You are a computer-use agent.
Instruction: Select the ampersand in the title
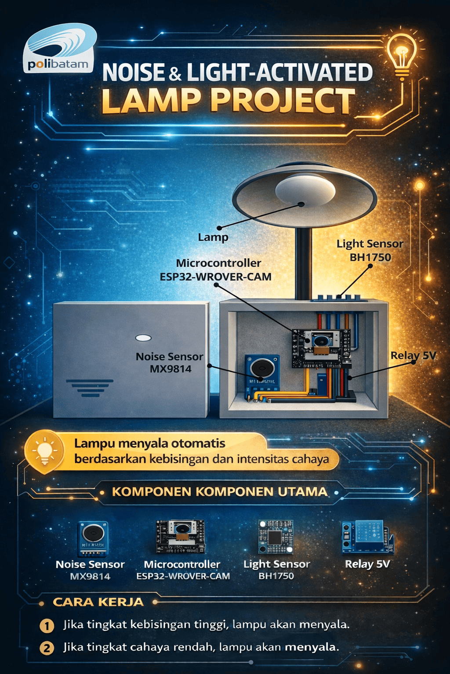175,74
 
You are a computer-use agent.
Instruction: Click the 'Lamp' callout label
213,237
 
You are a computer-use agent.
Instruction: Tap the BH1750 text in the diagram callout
370,258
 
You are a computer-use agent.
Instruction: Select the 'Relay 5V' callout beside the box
413,356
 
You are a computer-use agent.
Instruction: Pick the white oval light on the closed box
143,337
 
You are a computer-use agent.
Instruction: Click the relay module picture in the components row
367,537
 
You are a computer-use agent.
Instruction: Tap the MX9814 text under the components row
90,576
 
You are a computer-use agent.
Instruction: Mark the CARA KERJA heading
98,602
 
